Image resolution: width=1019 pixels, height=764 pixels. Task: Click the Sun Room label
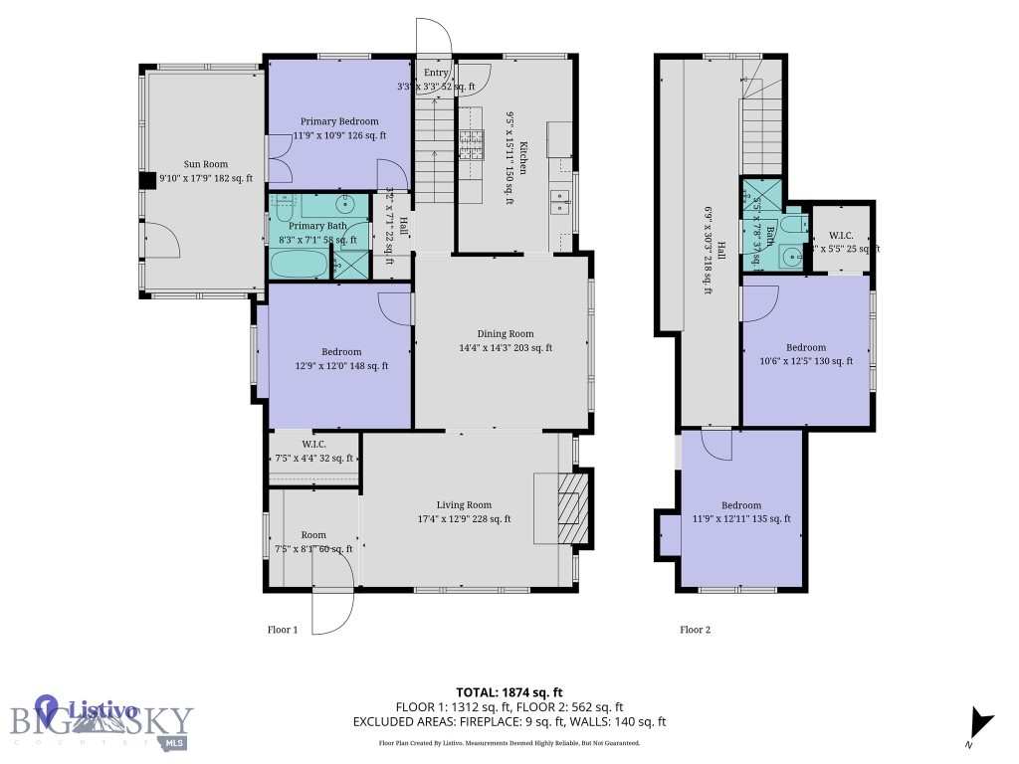[205, 164]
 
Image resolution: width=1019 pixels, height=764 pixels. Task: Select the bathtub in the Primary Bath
[299, 265]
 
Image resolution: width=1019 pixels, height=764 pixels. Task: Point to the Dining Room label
[506, 334]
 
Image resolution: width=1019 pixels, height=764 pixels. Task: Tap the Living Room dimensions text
[465, 518]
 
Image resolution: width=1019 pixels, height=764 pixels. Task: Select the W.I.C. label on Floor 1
[313, 444]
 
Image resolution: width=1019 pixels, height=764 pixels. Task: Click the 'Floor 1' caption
[283, 629]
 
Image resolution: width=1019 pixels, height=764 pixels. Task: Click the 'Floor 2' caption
[695, 629]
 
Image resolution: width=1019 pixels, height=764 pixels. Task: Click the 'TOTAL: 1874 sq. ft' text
[509, 691]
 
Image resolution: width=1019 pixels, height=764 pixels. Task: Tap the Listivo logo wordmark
[102, 710]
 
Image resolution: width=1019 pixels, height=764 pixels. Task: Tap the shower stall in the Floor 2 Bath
[757, 194]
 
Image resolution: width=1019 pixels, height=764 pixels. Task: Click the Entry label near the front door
[436, 73]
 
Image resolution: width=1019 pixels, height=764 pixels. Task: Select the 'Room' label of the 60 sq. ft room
[313, 535]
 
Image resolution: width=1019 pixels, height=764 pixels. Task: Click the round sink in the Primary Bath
[344, 207]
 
